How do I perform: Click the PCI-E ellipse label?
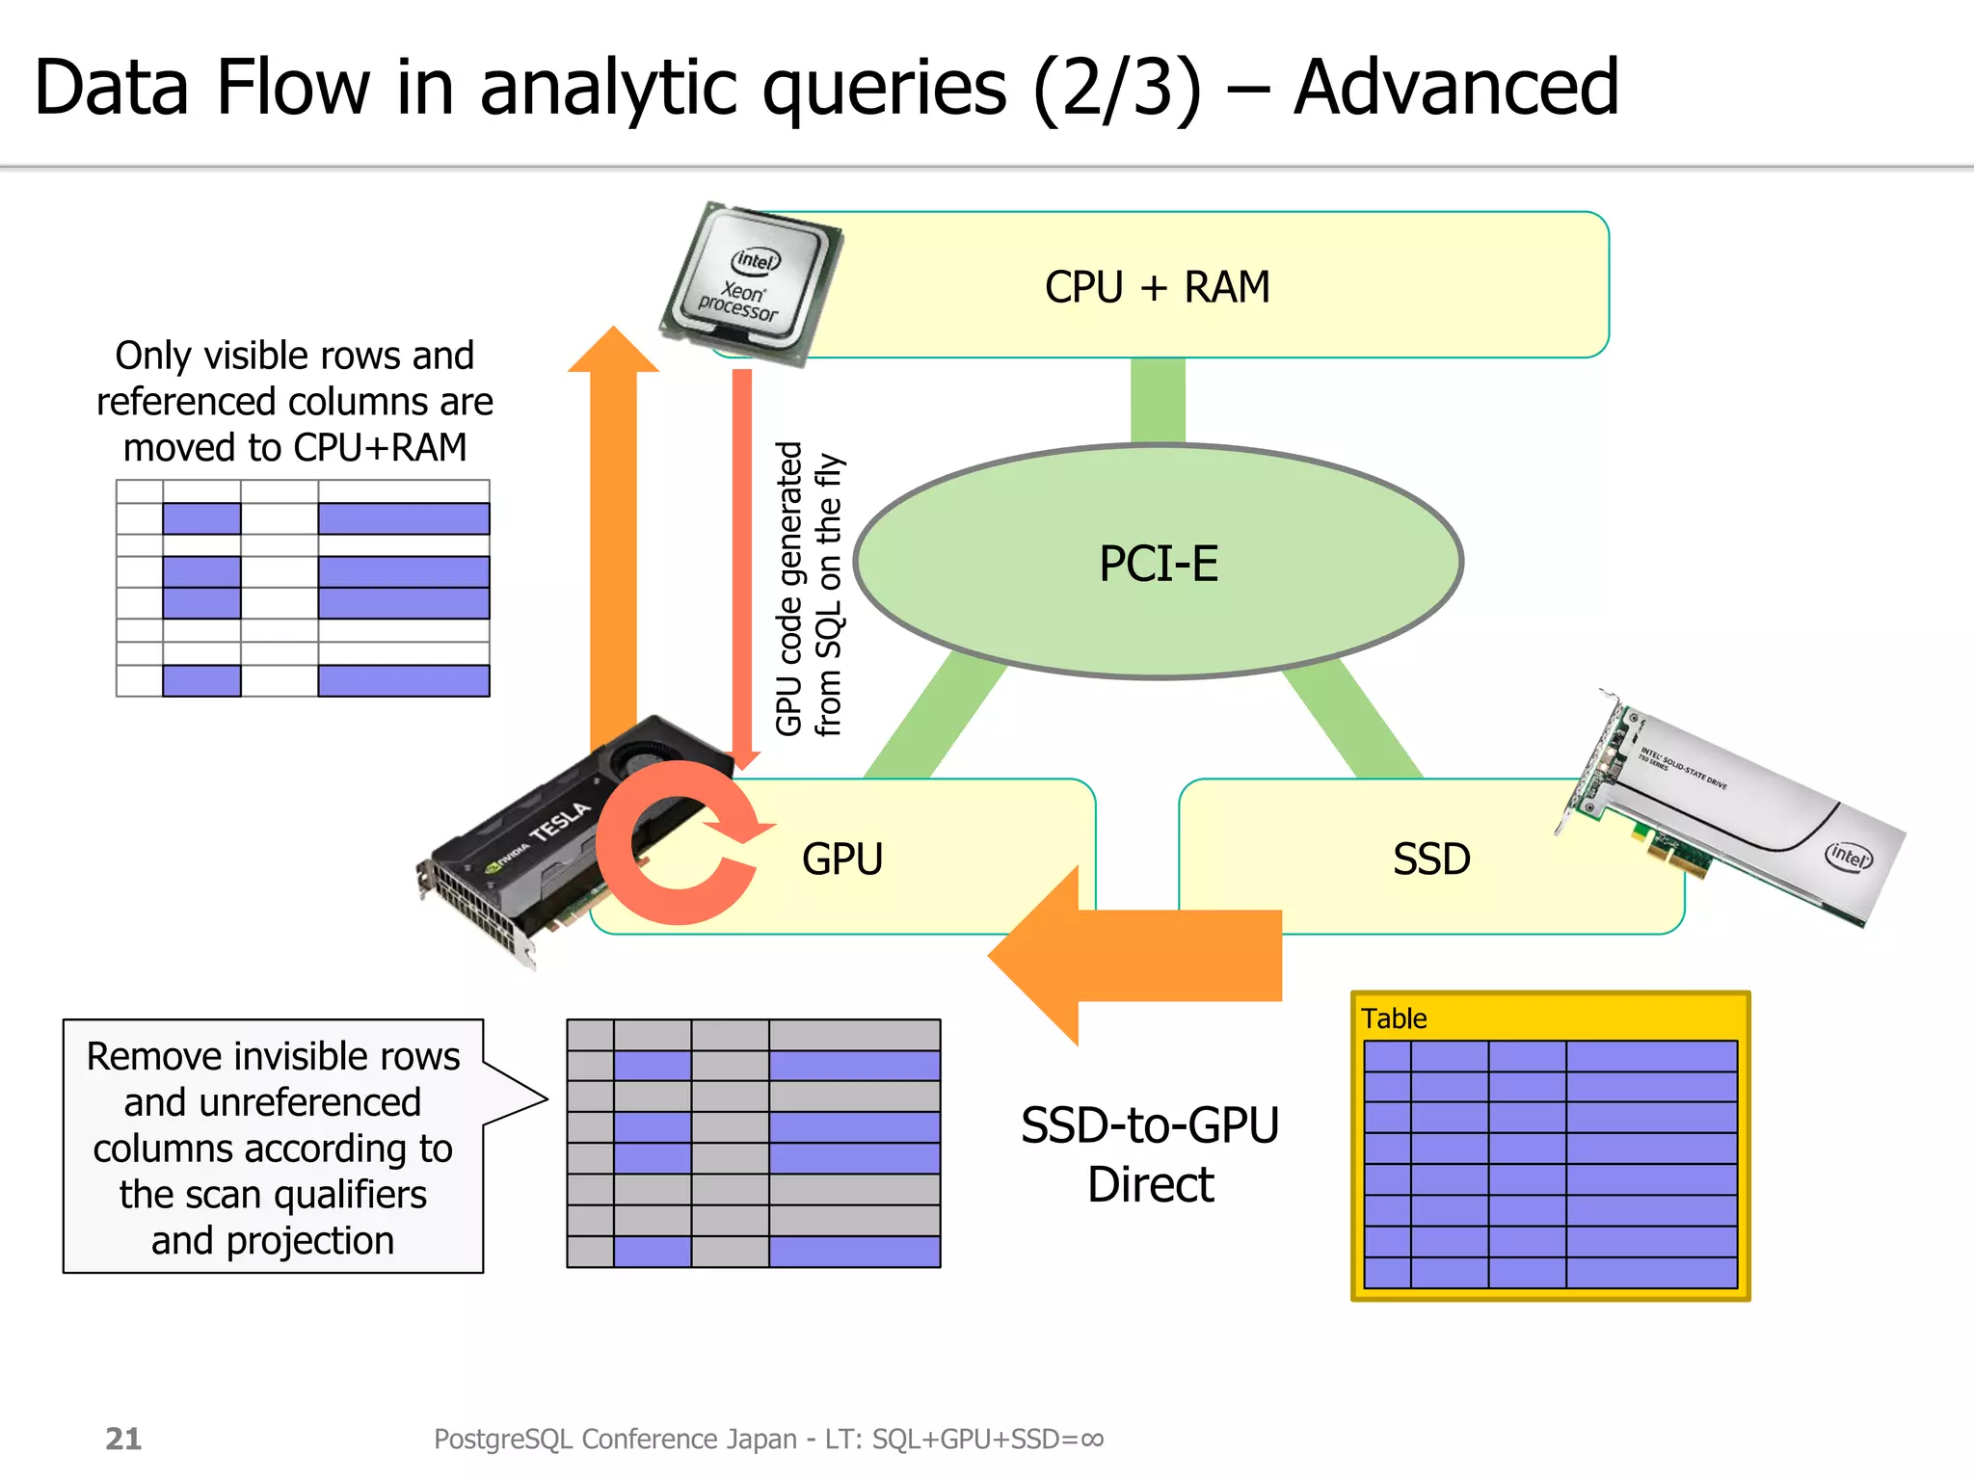tap(1158, 564)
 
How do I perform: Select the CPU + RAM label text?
tap(1157, 287)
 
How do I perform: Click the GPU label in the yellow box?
tap(841, 859)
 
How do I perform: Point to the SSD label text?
tap(1430, 859)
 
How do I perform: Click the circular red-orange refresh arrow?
tap(675, 842)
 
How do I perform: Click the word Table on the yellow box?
tap(1393, 1018)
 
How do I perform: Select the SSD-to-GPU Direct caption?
tap(1150, 1154)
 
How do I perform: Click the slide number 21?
tap(123, 1439)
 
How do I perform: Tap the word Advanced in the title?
tap(1455, 88)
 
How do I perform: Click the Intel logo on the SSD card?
tap(1848, 855)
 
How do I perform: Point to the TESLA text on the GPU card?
tap(560, 822)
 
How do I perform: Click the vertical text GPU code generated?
tap(789, 588)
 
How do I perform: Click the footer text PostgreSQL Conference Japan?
tap(615, 1439)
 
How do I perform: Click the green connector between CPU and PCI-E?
tap(1158, 401)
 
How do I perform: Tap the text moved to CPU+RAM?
tap(295, 448)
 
